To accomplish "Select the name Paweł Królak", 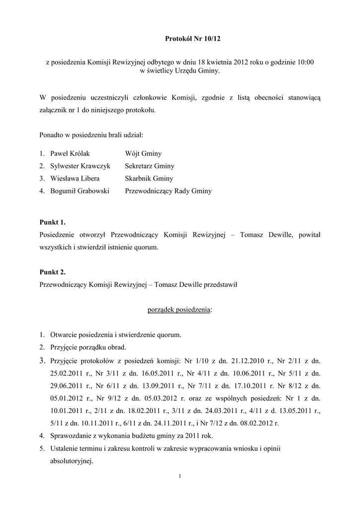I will tap(70, 154).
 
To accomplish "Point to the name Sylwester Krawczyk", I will tap(80, 167).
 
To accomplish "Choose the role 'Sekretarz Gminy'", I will tap(150, 167).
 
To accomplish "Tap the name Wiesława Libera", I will tap(75, 178).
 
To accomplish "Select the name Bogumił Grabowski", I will tap(80, 191).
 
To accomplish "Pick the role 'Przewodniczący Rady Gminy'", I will tap(168, 191).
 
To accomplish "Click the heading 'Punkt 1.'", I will tap(52, 222).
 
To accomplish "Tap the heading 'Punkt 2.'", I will tap(52, 272).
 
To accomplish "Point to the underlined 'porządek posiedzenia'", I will tap(179, 310).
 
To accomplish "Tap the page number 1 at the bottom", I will tap(180, 478).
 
